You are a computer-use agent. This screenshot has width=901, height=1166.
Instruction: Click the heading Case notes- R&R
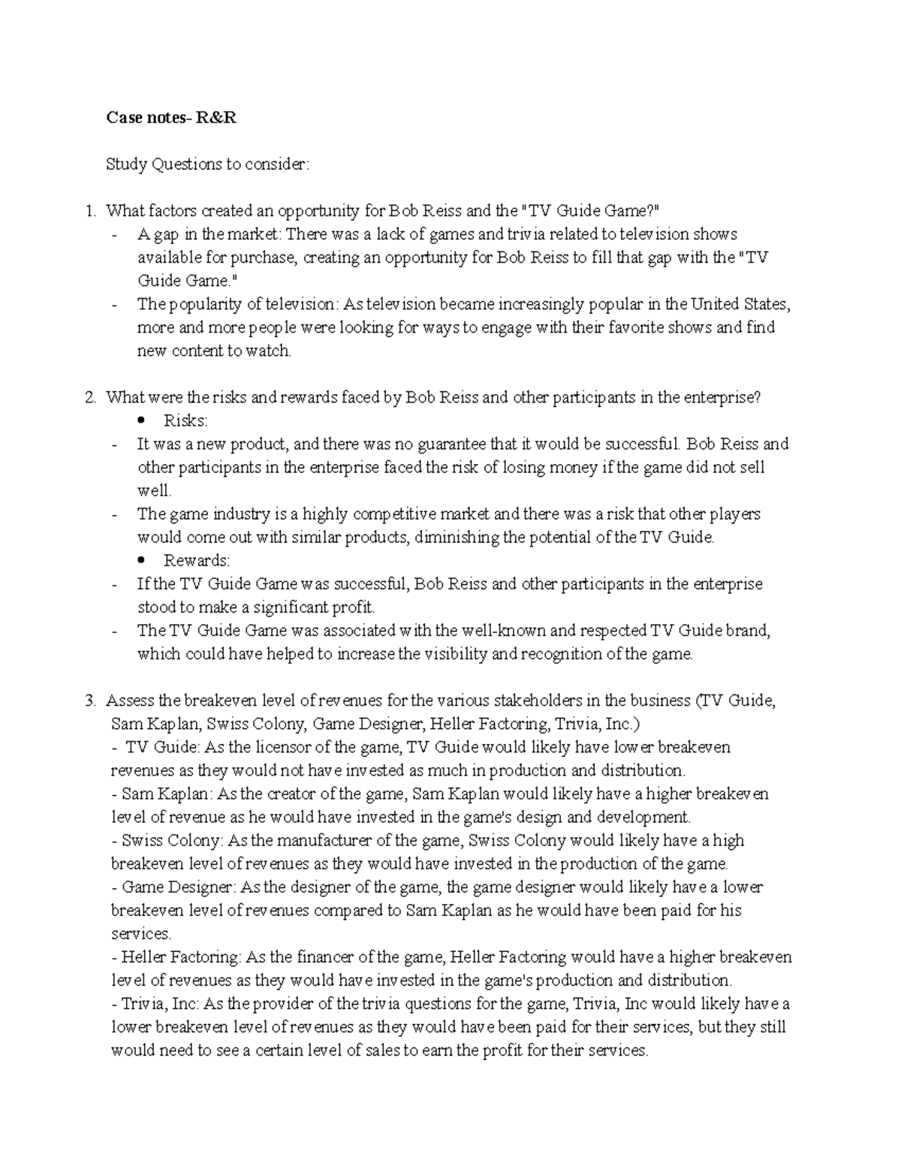point(170,117)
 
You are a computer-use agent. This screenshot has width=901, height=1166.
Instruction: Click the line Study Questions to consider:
point(206,164)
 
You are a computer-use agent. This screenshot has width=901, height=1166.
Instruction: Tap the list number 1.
point(90,211)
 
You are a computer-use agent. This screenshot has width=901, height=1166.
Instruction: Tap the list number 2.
point(90,397)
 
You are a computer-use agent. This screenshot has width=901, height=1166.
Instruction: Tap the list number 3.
point(90,701)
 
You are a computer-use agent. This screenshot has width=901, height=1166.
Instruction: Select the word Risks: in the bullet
point(185,420)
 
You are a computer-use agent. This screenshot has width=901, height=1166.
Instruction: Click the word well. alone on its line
point(155,491)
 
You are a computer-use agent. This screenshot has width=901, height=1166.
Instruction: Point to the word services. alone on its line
point(141,934)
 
